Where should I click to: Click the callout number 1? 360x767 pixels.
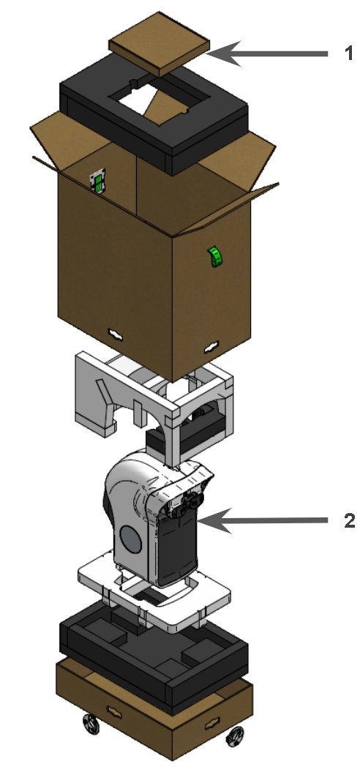(x=349, y=53)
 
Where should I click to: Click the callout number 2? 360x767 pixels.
(x=349, y=520)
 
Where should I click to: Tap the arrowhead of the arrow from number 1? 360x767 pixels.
(x=222, y=53)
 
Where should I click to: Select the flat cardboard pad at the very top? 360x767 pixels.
(x=159, y=44)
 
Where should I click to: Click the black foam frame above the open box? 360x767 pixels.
(x=154, y=113)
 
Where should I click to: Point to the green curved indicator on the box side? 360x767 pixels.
(x=215, y=257)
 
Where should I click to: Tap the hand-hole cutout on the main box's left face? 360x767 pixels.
(x=115, y=335)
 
